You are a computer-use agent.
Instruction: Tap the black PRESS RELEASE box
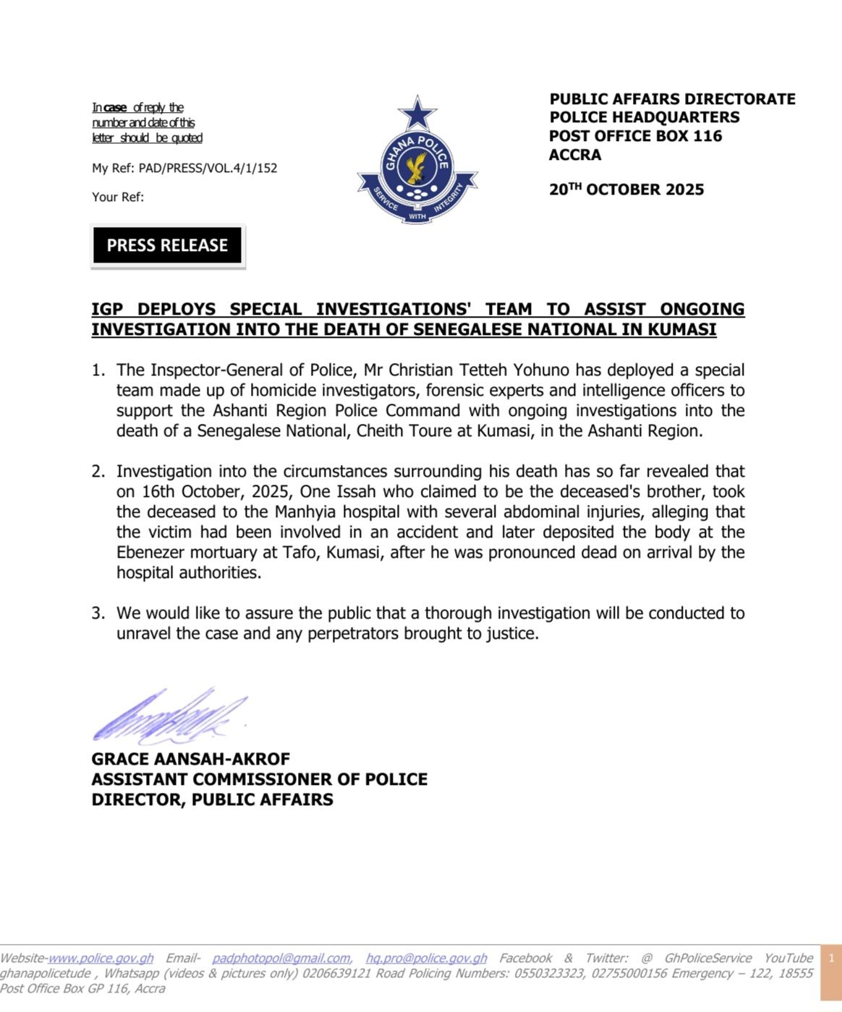pos(167,245)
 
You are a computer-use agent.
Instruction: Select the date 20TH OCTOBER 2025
pos(626,190)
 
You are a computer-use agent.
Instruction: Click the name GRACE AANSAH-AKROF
pos(190,759)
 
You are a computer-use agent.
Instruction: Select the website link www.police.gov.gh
pos(101,958)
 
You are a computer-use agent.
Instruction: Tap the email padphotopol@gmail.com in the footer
pos(281,958)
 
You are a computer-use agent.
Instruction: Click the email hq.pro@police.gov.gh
pos(426,958)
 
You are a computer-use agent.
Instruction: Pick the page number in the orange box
pos(831,958)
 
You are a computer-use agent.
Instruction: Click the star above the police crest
pos(417,113)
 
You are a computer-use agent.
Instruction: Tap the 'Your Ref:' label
pos(118,197)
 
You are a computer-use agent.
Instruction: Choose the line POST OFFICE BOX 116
pos(635,136)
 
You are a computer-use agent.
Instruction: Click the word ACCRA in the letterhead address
pos(575,155)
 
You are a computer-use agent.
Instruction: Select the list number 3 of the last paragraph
pos(98,613)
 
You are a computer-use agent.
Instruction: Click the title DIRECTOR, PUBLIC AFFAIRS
pos(212,799)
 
